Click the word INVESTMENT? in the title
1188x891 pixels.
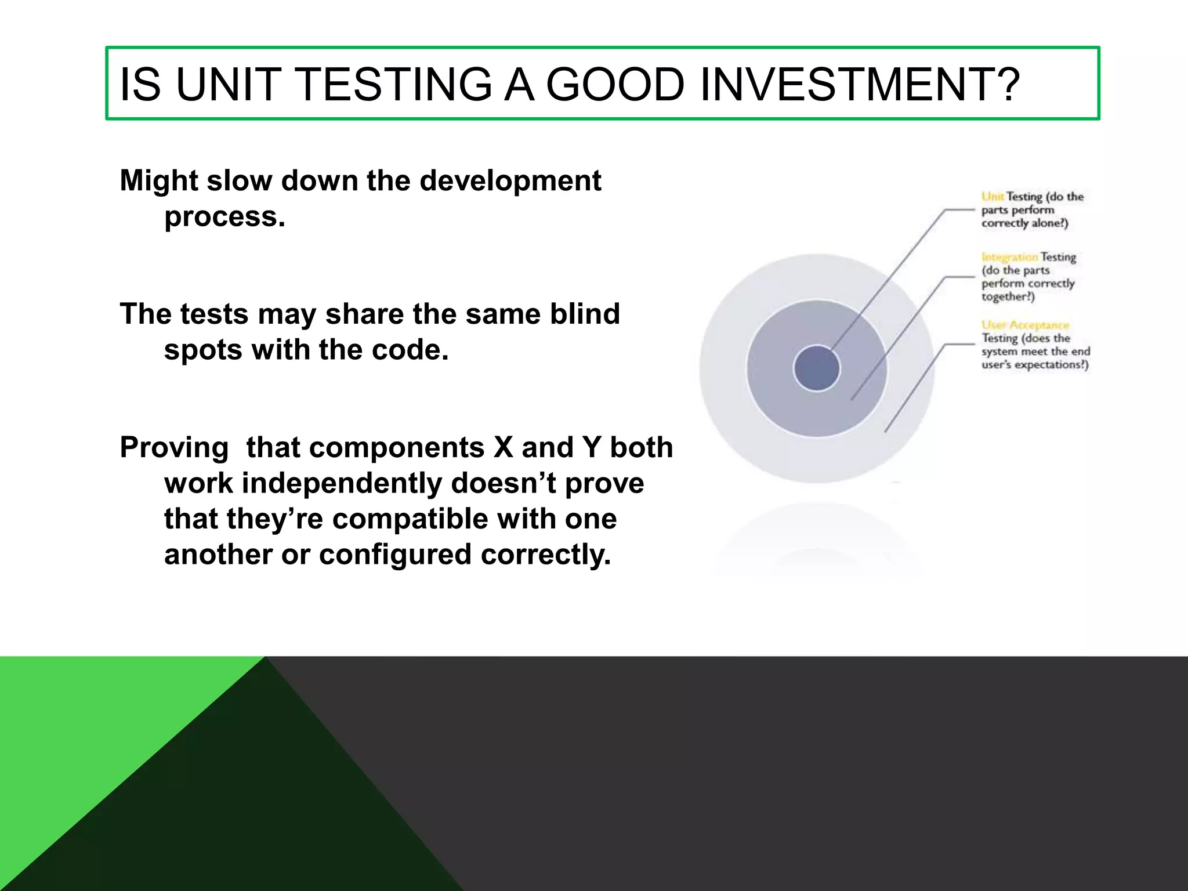[x=859, y=85]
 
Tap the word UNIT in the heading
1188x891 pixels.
[x=229, y=85]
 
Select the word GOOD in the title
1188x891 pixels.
[x=615, y=85]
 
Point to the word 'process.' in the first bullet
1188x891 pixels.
[x=225, y=216]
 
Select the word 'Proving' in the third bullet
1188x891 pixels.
[x=174, y=447]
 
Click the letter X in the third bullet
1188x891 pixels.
[x=503, y=447]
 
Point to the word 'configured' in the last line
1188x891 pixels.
[x=395, y=555]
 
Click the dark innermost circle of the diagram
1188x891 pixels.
[x=816, y=368]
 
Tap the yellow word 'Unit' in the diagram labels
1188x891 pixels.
[x=992, y=197]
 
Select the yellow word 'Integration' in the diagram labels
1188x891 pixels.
[x=1009, y=257]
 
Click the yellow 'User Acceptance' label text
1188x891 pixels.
[x=1025, y=325]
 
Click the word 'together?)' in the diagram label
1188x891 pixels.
[x=1008, y=297]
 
